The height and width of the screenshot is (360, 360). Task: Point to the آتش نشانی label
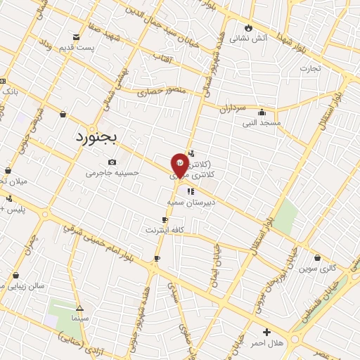coord(250,38)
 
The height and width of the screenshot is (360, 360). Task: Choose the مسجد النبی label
coord(262,122)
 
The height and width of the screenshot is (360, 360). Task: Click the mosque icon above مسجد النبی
coord(262,112)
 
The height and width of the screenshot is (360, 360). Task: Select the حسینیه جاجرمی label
coord(112,173)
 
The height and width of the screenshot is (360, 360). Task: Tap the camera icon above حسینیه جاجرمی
coord(112,162)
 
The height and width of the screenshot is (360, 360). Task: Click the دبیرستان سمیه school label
coord(190,201)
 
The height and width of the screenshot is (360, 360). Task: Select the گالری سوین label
coord(318,269)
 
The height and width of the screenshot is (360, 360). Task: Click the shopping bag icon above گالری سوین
coord(318,258)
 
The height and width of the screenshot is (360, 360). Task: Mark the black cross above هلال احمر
coord(266,332)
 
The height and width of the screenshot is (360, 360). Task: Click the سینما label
coord(79,319)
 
